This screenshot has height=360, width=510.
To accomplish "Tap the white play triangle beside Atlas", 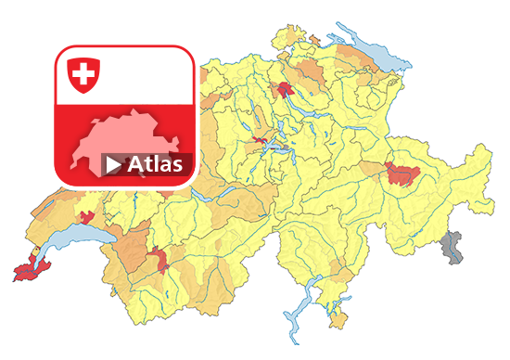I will tap(113, 165).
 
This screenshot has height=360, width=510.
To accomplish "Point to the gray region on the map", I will tap(452, 248).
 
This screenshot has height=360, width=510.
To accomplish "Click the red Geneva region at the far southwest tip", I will tap(32, 270).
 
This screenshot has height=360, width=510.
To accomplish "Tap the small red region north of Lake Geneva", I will tap(88, 218).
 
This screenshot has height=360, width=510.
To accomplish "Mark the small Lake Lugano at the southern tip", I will tap(327, 306).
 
